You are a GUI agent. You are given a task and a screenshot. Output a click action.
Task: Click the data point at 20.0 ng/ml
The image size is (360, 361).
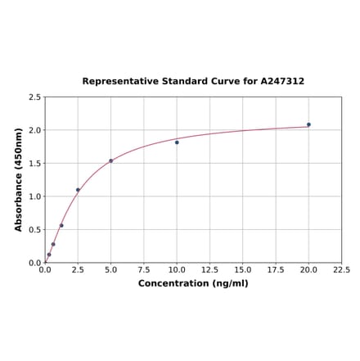point(308,124)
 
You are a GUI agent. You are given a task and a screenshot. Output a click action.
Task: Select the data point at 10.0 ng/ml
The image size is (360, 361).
point(177,142)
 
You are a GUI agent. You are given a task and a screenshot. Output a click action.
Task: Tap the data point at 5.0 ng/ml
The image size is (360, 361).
point(110,160)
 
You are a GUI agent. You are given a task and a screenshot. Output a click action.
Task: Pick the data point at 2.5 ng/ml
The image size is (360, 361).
point(78,190)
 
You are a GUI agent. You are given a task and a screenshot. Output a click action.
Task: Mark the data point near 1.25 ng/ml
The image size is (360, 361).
point(61,225)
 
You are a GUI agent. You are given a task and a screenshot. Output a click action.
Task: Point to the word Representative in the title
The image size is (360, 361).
point(118,82)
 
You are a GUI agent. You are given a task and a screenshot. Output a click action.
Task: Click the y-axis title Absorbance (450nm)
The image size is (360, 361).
point(18,179)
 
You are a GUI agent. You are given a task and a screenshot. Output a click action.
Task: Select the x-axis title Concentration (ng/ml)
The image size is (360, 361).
point(193,283)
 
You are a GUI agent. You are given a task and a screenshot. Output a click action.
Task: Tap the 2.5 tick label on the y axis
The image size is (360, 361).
point(35,97)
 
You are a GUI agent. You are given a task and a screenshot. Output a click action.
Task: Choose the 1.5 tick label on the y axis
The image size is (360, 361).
point(35,164)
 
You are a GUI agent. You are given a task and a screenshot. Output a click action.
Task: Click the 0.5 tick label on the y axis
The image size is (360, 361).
point(35,230)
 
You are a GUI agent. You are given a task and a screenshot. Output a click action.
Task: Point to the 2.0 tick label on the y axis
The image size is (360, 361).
point(35,130)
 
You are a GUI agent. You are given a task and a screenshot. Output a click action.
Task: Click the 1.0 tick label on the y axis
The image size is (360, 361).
point(35,196)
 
